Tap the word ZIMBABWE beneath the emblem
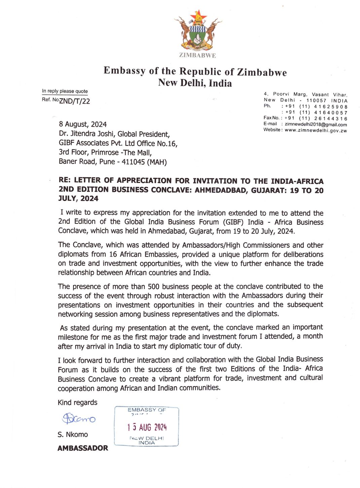(x=197, y=56)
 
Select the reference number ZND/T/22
(x=75, y=101)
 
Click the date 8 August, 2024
(x=83, y=125)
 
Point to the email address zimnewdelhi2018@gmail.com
(x=316, y=125)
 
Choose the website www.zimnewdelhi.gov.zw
(x=316, y=131)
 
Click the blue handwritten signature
(x=79, y=418)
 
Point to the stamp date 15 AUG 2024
(x=147, y=427)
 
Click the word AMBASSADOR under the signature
(x=83, y=448)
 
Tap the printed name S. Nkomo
(x=73, y=434)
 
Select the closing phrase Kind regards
(x=77, y=403)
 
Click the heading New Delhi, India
(x=195, y=83)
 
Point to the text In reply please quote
(x=65, y=91)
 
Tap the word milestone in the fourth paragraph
(x=73, y=337)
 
